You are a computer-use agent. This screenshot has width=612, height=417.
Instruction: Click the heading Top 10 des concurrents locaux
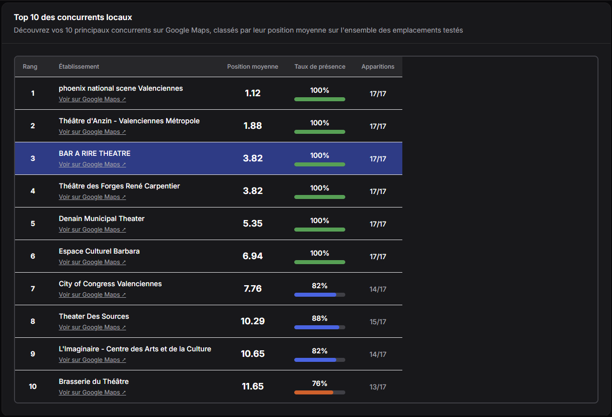[73, 18]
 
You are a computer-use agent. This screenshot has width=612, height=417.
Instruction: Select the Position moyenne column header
[252, 67]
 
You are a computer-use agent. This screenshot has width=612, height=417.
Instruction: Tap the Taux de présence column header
[320, 67]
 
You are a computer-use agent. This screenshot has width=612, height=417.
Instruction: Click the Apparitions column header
[378, 67]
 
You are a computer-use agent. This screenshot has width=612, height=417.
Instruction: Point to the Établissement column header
[79, 67]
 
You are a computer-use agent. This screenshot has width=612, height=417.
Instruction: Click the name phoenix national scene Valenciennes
[121, 88]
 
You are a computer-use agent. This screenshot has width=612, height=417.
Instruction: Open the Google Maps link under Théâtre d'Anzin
[92, 132]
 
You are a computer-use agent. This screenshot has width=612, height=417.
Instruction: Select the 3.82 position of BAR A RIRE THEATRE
[253, 158]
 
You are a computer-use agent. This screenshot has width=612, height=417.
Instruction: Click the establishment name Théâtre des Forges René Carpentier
[119, 186]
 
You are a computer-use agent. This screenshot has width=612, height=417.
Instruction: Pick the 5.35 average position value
[253, 224]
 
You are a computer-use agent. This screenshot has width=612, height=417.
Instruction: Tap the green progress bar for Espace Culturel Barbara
[320, 262]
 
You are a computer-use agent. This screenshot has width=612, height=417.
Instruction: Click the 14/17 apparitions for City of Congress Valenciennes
[378, 289]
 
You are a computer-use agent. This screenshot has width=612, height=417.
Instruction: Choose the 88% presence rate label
[320, 318]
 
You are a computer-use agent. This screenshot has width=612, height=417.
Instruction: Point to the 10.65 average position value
[253, 354]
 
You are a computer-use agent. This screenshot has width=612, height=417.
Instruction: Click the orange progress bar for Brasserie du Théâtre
[314, 392]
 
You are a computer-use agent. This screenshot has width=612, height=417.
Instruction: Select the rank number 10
[33, 386]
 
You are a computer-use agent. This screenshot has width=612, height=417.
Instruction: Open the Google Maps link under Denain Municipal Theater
[92, 230]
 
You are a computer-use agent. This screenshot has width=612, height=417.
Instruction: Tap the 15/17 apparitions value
[378, 322]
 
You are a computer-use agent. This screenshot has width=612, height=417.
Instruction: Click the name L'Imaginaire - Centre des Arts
[135, 349]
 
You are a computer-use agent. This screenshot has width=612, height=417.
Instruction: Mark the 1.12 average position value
[253, 93]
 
